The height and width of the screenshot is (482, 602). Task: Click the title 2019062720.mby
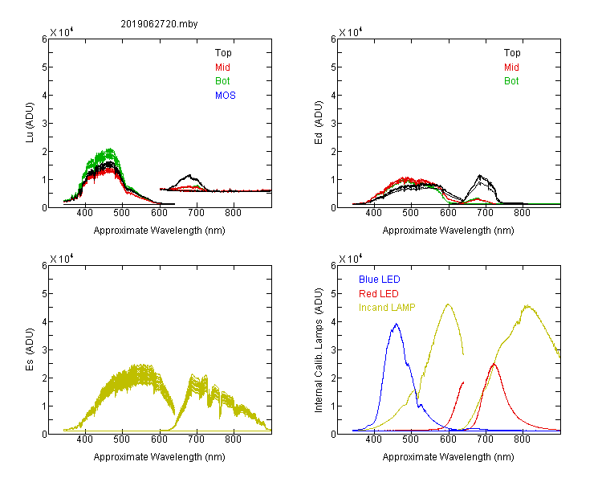pos(159,24)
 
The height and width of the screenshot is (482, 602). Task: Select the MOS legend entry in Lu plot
pos(226,96)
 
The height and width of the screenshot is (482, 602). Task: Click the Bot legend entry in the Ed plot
pos(511,81)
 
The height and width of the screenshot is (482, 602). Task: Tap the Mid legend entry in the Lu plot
pos(222,67)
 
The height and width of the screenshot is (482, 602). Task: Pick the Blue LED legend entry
pos(380,280)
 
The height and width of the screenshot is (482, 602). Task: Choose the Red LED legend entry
pos(379,294)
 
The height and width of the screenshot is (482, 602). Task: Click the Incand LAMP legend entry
pos(387,308)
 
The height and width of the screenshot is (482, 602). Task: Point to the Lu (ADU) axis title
pos(30,122)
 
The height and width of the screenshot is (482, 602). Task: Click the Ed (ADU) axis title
pos(319,122)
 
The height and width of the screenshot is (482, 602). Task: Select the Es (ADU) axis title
pos(30,349)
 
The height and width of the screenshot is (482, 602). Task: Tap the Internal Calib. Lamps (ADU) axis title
pos(319,350)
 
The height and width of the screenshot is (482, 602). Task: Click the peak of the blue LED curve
pos(397,324)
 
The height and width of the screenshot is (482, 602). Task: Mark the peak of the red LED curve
pos(494,364)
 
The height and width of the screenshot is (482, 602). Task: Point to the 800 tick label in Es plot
pos(233,439)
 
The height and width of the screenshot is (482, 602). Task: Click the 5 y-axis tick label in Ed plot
pos(333,67)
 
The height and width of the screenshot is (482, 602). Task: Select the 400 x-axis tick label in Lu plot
pos(85,213)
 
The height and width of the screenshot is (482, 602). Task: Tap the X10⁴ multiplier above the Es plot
pos(62,259)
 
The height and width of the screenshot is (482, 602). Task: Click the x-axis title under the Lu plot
pos(160,231)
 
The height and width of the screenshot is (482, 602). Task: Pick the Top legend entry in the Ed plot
pos(512,53)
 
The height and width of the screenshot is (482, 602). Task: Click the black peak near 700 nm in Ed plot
pos(479,176)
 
